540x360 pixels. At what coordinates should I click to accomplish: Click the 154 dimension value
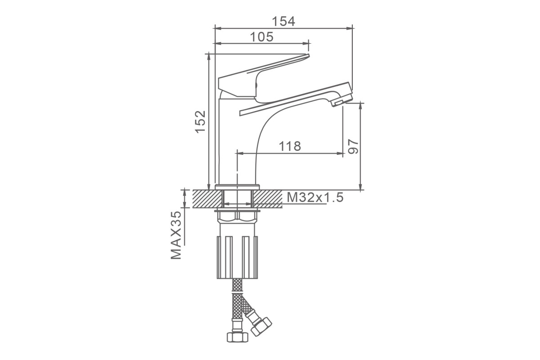[x=283, y=21]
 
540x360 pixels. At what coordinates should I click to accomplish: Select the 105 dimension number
[x=262, y=37]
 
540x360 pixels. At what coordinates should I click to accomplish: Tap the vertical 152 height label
[x=200, y=122]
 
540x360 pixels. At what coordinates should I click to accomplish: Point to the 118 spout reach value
[x=290, y=146]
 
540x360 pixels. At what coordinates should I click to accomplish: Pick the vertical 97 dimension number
[x=354, y=146]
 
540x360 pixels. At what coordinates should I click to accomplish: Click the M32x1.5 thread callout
[x=315, y=198]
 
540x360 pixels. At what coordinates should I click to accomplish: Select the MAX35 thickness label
[x=176, y=235]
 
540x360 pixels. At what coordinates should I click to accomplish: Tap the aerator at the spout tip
[x=338, y=103]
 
